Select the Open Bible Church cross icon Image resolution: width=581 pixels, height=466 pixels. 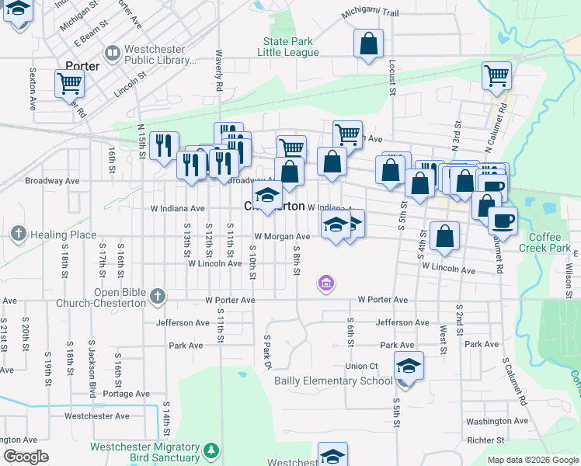(158, 296)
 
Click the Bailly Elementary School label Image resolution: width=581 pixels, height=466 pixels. (333, 381)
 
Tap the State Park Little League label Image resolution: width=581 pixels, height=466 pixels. (290, 47)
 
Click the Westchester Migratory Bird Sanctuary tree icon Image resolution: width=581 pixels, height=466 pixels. (210, 450)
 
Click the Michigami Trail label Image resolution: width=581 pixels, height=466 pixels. (370, 14)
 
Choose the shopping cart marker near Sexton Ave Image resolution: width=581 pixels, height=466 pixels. (69, 82)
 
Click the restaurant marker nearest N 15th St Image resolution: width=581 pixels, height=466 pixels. (163, 145)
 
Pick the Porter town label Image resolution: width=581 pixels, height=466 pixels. (83, 66)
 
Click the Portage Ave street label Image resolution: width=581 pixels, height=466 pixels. (126, 394)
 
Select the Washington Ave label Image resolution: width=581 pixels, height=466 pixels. (498, 421)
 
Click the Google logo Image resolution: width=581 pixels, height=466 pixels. (26, 457)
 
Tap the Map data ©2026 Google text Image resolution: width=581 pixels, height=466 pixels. (532, 460)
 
